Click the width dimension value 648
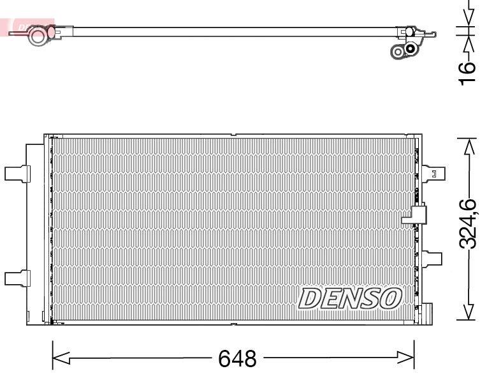click(x=237, y=358)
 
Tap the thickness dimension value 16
click(x=469, y=71)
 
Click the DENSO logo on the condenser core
click(x=351, y=298)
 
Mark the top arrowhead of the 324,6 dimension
click(x=469, y=146)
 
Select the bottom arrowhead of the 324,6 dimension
click(x=469, y=312)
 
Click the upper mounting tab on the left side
click(x=17, y=173)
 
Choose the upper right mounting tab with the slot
click(x=433, y=173)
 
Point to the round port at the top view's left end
click(x=39, y=35)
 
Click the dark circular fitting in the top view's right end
click(x=411, y=48)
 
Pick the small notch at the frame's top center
click(x=234, y=135)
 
